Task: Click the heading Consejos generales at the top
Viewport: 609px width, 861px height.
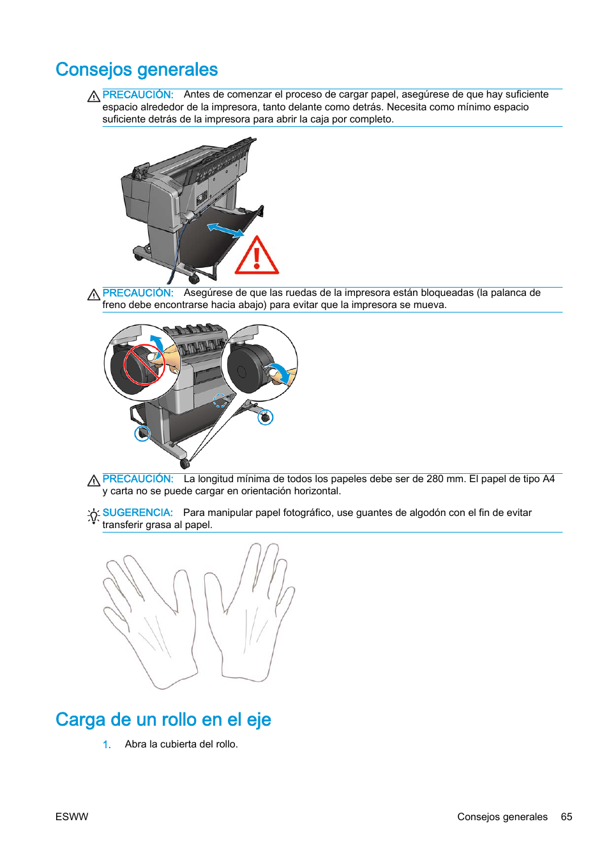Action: (x=137, y=70)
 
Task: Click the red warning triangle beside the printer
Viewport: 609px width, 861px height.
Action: (x=257, y=256)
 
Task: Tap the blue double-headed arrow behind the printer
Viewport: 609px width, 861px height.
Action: (x=225, y=230)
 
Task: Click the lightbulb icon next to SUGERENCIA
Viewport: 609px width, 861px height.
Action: (x=93, y=515)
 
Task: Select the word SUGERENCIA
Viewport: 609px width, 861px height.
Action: (x=137, y=513)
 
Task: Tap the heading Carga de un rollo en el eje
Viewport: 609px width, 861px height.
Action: (x=163, y=719)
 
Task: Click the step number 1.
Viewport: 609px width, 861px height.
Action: (x=107, y=744)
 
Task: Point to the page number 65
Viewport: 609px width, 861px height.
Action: (x=566, y=817)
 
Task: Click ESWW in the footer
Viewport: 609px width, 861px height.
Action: (x=71, y=817)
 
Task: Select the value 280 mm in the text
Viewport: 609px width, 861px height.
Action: (x=445, y=479)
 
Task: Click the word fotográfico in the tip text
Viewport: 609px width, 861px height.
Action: (x=308, y=513)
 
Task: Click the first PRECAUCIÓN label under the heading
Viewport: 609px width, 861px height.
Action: (x=137, y=94)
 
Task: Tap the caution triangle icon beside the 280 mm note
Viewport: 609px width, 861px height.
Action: (x=94, y=480)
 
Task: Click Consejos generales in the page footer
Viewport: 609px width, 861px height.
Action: (x=502, y=817)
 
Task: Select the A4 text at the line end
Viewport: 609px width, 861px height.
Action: (x=548, y=479)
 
